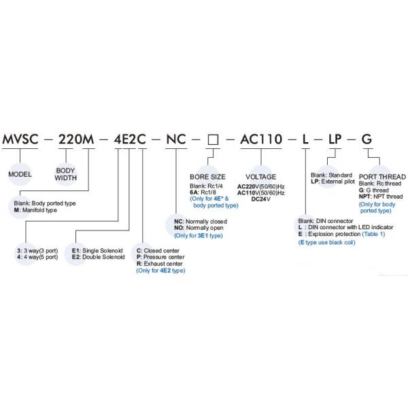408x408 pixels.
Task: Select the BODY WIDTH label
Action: click(66, 174)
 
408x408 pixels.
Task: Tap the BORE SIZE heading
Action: click(207, 176)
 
